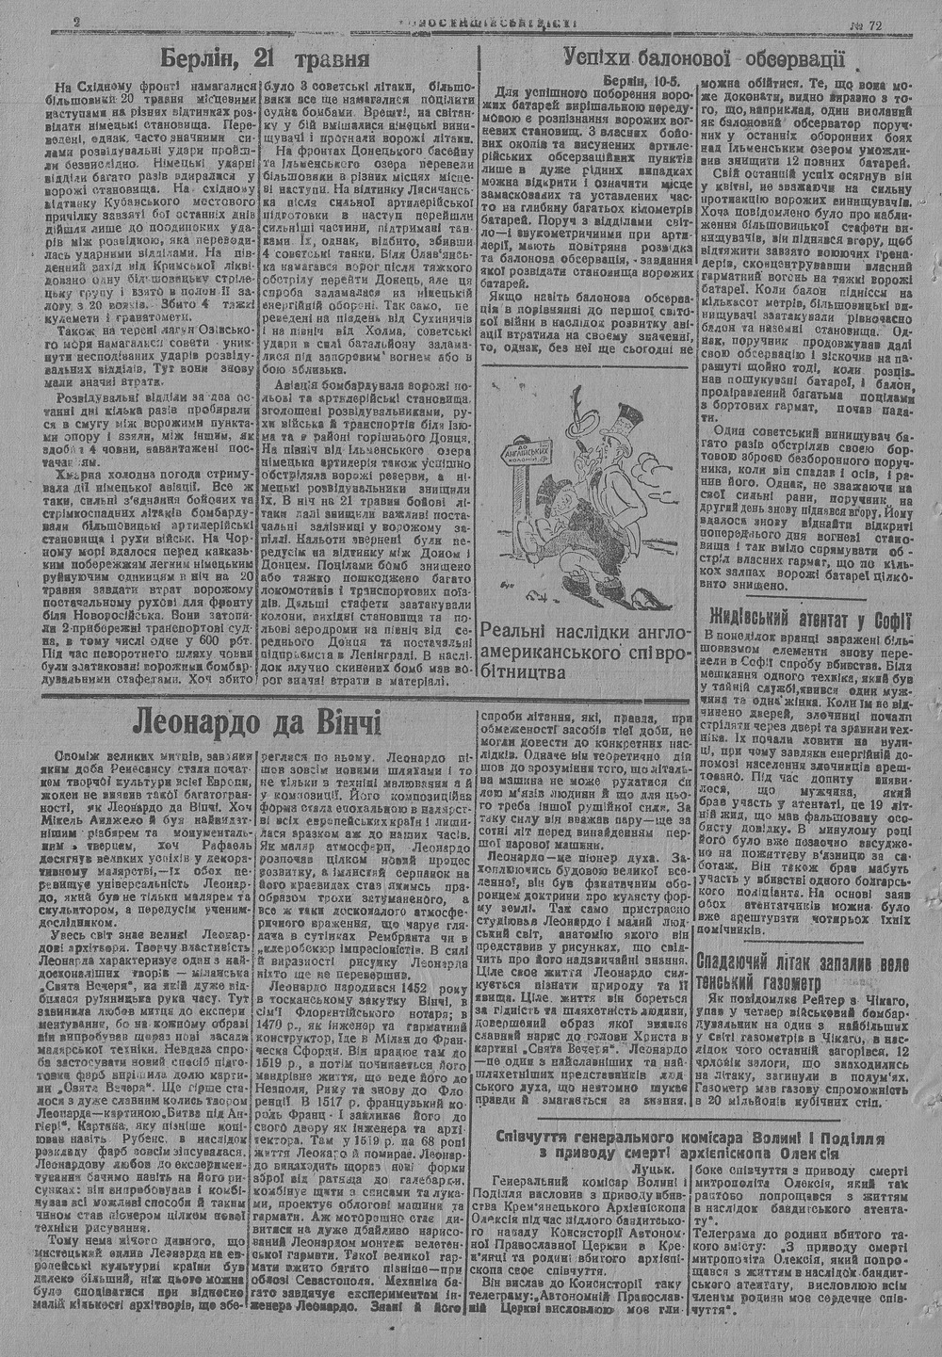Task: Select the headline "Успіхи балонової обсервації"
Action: (702, 58)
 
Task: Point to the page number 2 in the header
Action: (75, 22)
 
